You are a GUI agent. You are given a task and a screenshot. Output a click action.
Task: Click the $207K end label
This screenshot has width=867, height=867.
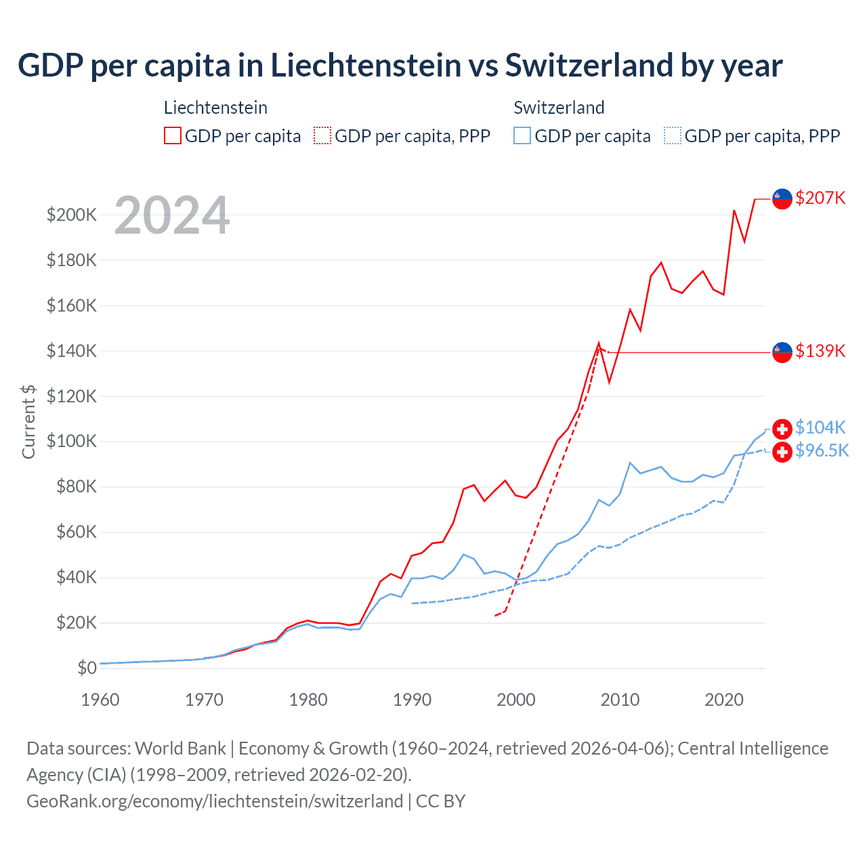pyautogui.click(x=820, y=198)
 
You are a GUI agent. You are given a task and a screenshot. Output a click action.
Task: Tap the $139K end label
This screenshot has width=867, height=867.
pyautogui.click(x=820, y=351)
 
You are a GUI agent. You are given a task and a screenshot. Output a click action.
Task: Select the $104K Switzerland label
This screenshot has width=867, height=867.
pyautogui.click(x=820, y=427)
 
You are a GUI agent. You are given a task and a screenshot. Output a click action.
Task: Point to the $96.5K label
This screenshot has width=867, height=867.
pyautogui.click(x=822, y=450)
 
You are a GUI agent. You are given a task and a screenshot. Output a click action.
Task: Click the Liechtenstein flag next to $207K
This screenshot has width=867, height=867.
pyautogui.click(x=782, y=198)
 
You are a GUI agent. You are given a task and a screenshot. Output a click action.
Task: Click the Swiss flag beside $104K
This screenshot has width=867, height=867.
pyautogui.click(x=782, y=429)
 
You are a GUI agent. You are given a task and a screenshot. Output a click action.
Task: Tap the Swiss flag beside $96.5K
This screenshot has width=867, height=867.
pyautogui.click(x=782, y=452)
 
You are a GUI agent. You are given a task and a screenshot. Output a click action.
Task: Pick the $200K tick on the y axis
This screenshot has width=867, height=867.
pyautogui.click(x=72, y=215)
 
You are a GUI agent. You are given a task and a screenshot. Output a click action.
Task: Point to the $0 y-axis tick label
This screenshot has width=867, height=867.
pyautogui.click(x=87, y=668)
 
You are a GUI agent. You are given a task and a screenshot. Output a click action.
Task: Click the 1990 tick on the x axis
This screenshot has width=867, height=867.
pyautogui.click(x=412, y=700)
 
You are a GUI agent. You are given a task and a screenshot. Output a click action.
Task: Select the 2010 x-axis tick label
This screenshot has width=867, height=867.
pyautogui.click(x=620, y=700)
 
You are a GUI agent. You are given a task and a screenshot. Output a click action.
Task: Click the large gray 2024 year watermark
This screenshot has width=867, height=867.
pyautogui.click(x=172, y=215)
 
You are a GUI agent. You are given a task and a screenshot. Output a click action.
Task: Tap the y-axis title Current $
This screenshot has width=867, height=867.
pyautogui.click(x=28, y=421)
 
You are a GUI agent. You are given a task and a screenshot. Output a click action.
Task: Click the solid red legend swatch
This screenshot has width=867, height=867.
pyautogui.click(x=173, y=136)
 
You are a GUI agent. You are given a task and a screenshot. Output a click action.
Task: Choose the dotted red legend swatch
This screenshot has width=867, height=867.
pyautogui.click(x=322, y=136)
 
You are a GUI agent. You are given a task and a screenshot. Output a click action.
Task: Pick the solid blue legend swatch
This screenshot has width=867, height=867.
pyautogui.click(x=522, y=136)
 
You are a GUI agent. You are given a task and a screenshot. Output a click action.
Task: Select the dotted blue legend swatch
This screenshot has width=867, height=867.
pyautogui.click(x=673, y=136)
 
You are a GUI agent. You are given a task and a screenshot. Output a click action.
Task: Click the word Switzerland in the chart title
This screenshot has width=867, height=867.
pyautogui.click(x=589, y=66)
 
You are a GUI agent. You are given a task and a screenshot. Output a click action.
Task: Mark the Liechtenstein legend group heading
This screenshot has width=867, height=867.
pyautogui.click(x=215, y=108)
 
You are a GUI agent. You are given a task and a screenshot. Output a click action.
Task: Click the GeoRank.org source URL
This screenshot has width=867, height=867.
pyautogui.click(x=215, y=801)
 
